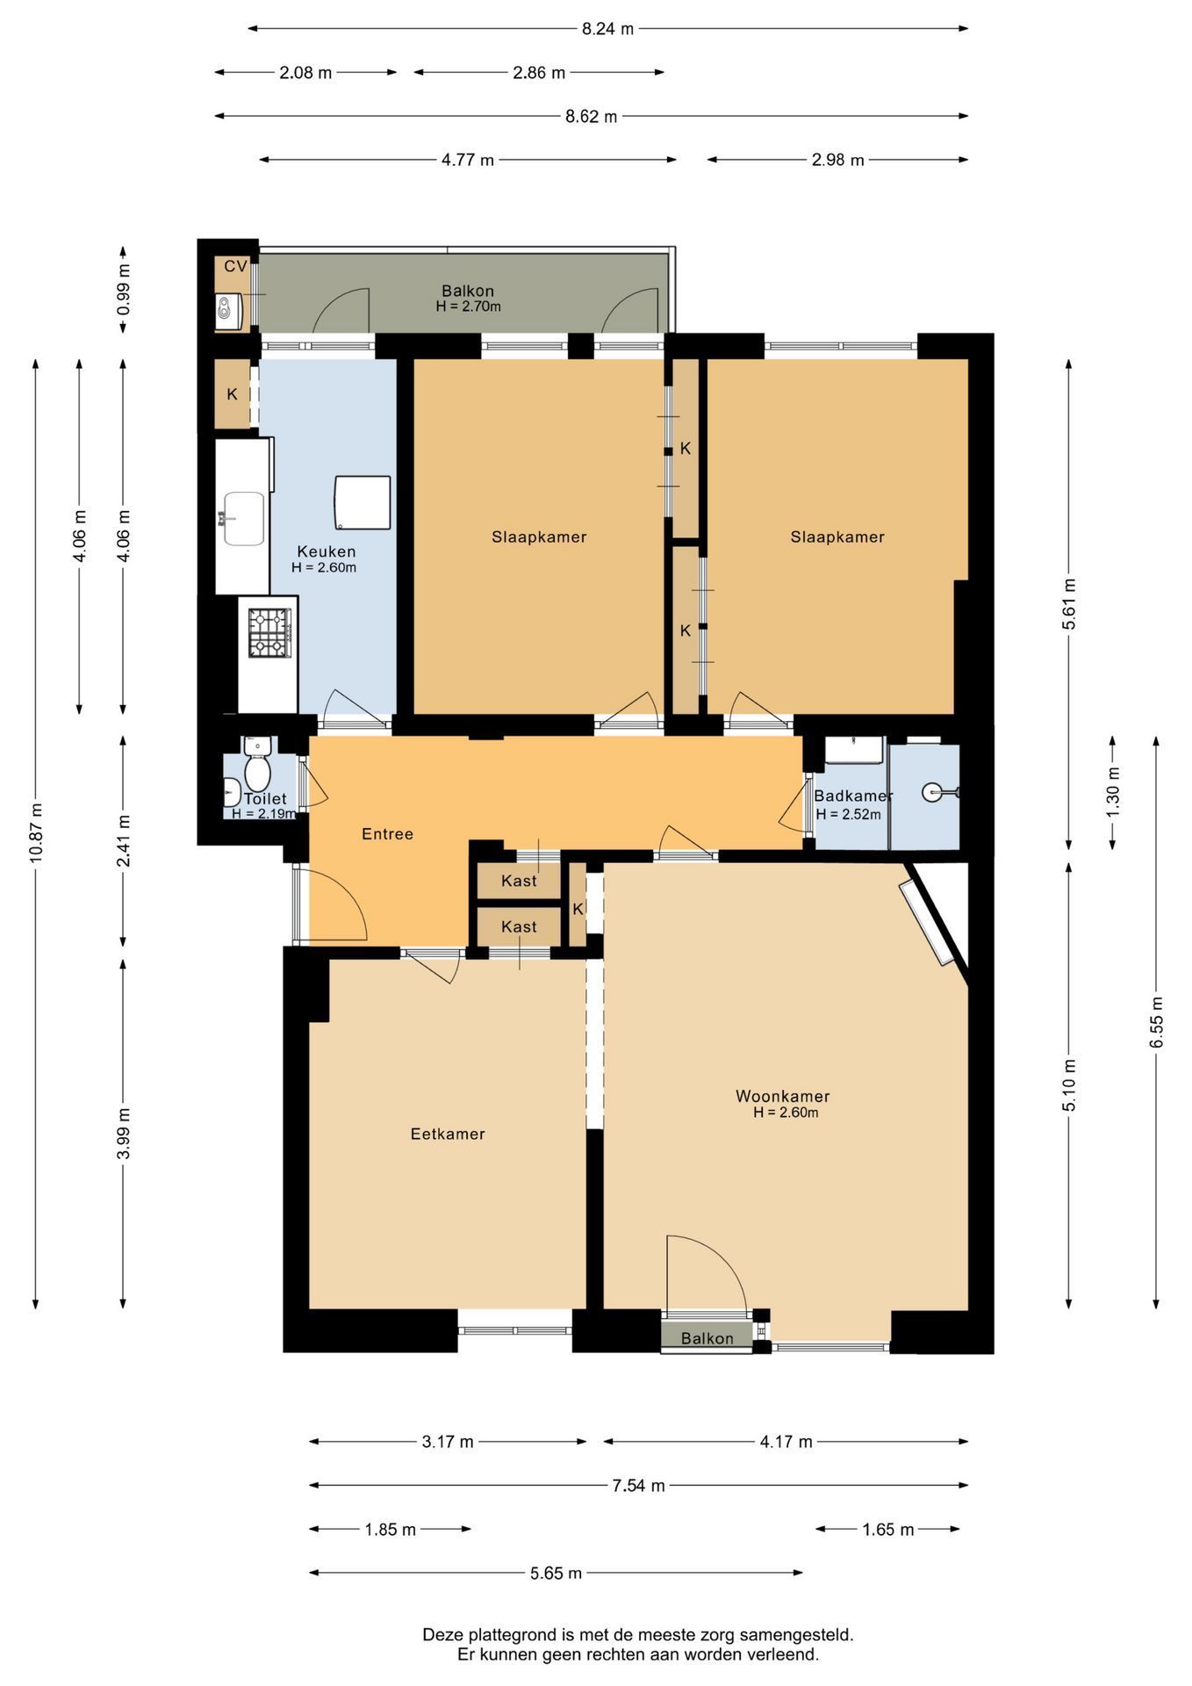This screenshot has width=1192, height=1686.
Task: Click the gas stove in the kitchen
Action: (269, 633)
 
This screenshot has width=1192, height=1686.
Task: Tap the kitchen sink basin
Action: (244, 518)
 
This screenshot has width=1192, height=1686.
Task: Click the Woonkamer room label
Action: (782, 1096)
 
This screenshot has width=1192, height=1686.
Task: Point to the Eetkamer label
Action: (448, 1134)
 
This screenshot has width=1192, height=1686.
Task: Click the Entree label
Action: (387, 833)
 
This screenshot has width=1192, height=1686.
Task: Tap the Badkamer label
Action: (853, 796)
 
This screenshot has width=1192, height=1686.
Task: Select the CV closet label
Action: (235, 266)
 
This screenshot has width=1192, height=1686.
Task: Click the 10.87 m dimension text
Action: (35, 832)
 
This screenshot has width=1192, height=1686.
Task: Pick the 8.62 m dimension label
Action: (592, 116)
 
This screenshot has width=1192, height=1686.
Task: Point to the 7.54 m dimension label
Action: (638, 1485)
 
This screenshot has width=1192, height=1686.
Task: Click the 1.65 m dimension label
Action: (887, 1529)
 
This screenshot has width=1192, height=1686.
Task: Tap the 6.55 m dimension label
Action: (1156, 1021)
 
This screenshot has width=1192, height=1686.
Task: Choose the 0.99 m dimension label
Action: (123, 289)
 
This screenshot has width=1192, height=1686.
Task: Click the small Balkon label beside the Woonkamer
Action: (707, 1338)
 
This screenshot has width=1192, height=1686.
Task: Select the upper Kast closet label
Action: (519, 881)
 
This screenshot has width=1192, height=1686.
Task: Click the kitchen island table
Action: (362, 502)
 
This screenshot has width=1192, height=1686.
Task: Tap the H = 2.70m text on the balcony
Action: (468, 306)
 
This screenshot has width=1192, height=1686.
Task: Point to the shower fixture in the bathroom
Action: (940, 792)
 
